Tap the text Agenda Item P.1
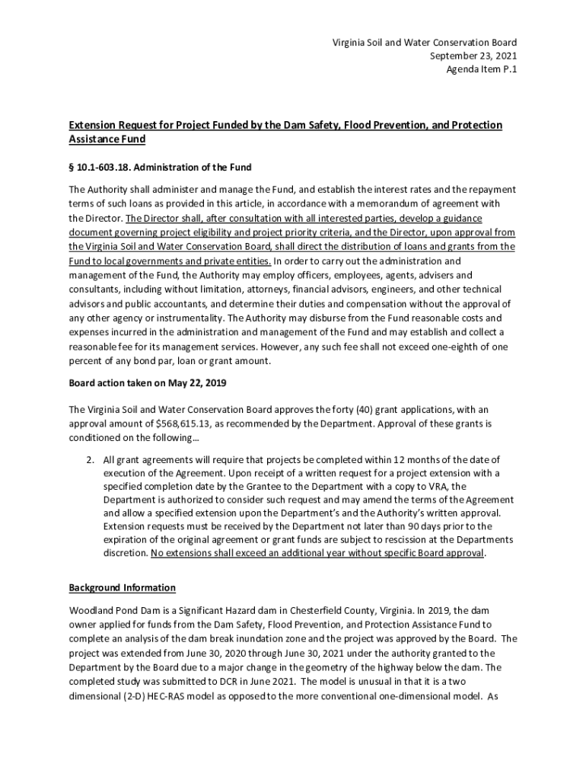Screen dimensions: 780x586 tap(481, 69)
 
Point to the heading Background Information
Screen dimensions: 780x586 tap(123, 587)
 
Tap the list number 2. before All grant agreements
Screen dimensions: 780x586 tap(90, 459)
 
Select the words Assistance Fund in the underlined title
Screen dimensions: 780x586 tap(107, 139)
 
